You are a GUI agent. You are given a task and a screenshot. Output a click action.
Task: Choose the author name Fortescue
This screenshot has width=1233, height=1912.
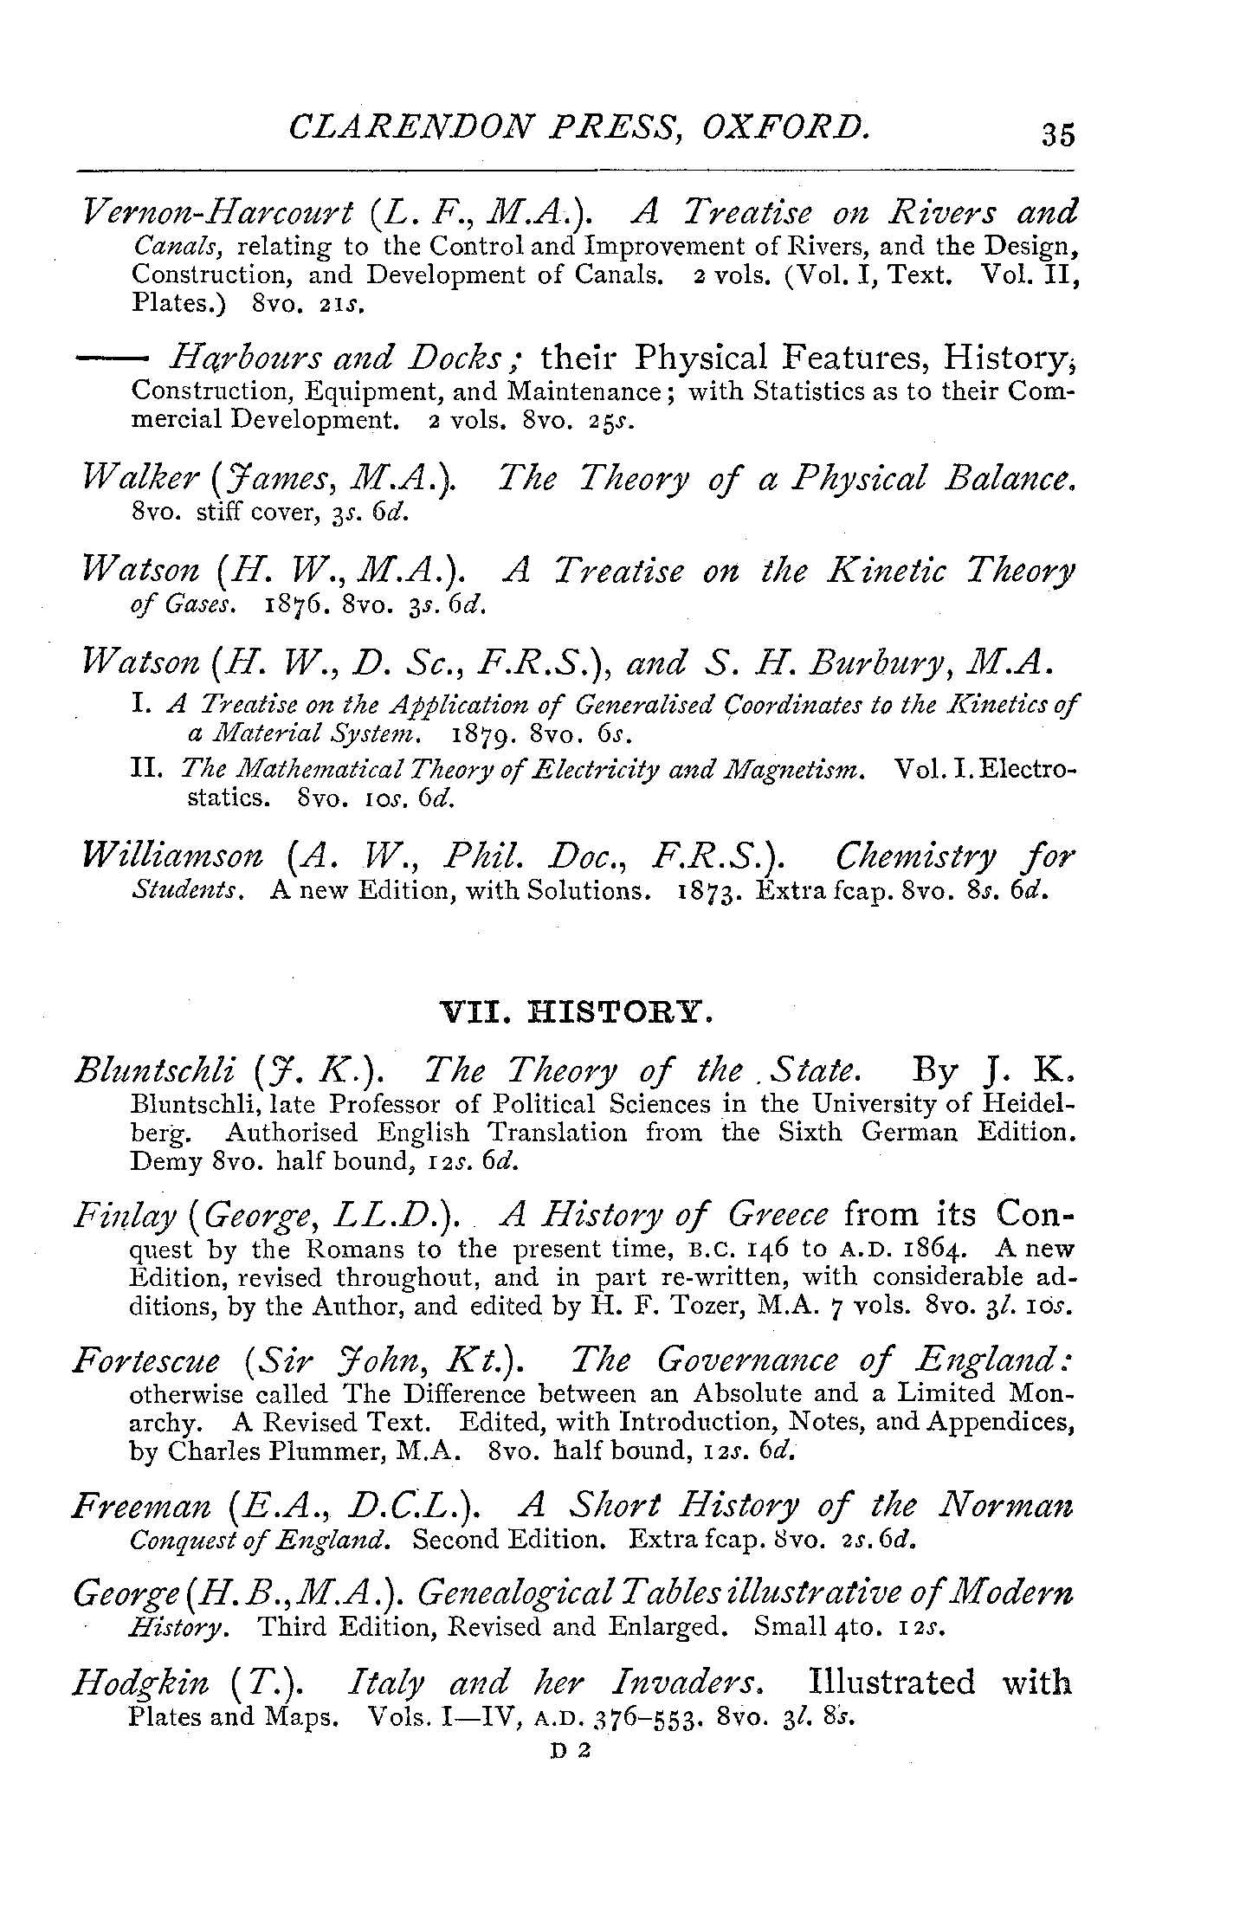[x=147, y=1362]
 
